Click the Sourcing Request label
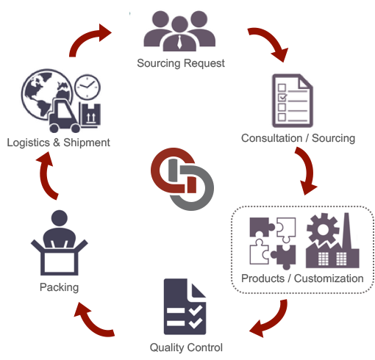pyautogui.click(x=181, y=63)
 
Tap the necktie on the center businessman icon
pyautogui.click(x=179, y=42)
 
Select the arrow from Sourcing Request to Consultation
pyautogui.click(x=269, y=43)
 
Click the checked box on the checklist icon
pyautogui.click(x=282, y=97)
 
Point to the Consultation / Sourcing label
pyautogui.click(x=298, y=138)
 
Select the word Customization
pyautogui.click(x=329, y=278)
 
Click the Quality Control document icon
pyautogui.click(x=185, y=306)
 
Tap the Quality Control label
pyautogui.click(x=186, y=348)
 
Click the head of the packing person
pyautogui.click(x=60, y=218)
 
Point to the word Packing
pyautogui.click(x=59, y=287)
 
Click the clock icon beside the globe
pyautogui.click(x=87, y=87)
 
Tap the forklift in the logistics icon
pyautogui.click(x=64, y=115)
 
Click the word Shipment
pyautogui.click(x=87, y=143)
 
